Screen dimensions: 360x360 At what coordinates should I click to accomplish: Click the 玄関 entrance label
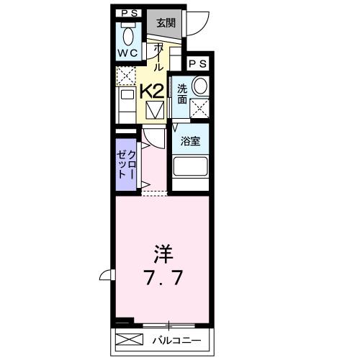pyautogui.click(x=166, y=22)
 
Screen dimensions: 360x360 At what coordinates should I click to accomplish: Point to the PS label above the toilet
pyautogui.click(x=130, y=12)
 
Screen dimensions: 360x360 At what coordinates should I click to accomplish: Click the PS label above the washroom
pyautogui.click(x=196, y=63)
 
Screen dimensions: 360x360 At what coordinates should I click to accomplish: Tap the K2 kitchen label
pyautogui.click(x=151, y=91)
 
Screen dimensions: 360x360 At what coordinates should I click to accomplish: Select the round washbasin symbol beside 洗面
pyautogui.click(x=199, y=86)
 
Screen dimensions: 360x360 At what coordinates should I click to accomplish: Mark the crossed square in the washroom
pyautogui.click(x=199, y=107)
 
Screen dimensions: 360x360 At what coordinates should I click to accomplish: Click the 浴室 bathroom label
pyautogui.click(x=190, y=141)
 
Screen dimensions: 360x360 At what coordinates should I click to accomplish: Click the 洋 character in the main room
pyautogui.click(x=163, y=254)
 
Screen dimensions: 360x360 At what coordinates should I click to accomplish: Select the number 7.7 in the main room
pyautogui.click(x=163, y=276)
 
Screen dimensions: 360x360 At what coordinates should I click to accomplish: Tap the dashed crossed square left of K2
pyautogui.click(x=125, y=74)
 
